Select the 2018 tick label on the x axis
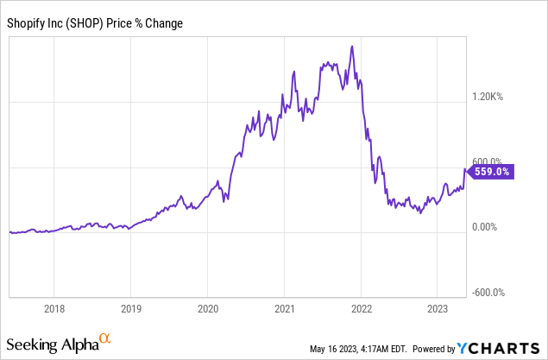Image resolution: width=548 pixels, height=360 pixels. pyautogui.click(x=54, y=308)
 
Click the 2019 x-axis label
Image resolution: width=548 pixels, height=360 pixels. pyautogui.click(x=130, y=308)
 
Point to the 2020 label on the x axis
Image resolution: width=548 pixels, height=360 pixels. pyautogui.click(x=207, y=308)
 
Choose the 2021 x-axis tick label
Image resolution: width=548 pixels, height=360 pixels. pyautogui.click(x=284, y=308)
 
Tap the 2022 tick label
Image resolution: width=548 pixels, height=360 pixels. pyautogui.click(x=361, y=308)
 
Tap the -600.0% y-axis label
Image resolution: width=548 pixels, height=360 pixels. pyautogui.click(x=488, y=292)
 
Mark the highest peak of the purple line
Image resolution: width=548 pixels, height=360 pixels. pyautogui.click(x=352, y=46)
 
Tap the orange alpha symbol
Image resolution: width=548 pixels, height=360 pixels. pyautogui.click(x=105, y=339)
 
